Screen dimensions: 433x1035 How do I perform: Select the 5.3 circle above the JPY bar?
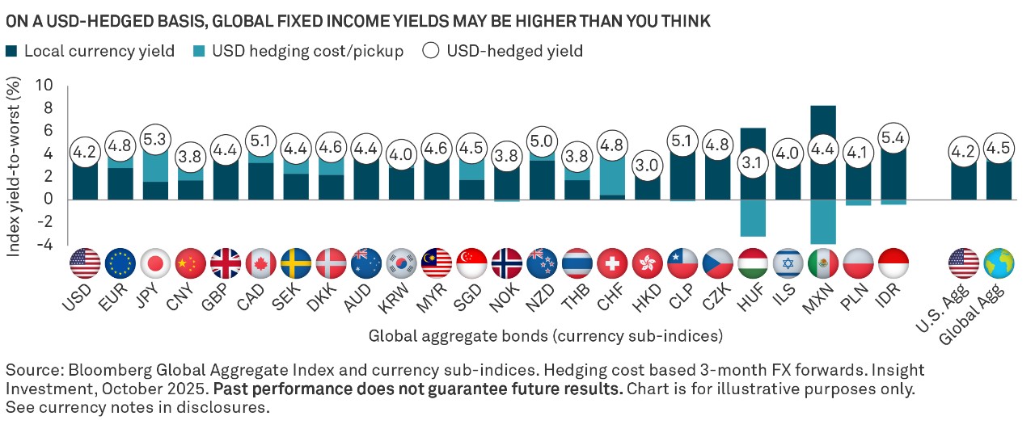click(x=154, y=138)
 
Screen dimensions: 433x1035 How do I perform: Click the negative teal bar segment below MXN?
click(x=822, y=221)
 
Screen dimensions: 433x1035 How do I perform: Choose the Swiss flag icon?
click(x=612, y=263)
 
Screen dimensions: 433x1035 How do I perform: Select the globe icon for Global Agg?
click(x=999, y=263)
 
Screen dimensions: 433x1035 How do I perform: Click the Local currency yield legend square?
click(x=13, y=52)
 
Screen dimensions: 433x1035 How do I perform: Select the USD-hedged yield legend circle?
click(x=431, y=52)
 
